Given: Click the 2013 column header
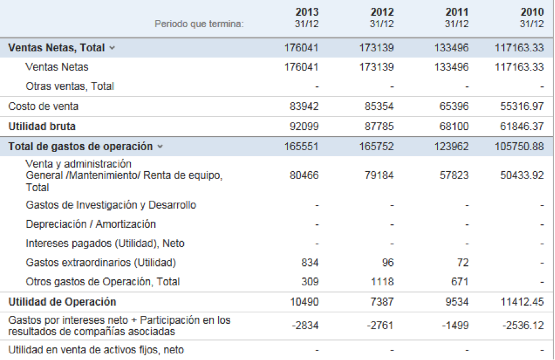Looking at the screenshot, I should tap(307, 13).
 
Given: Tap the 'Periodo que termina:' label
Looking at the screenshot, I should tap(199, 24).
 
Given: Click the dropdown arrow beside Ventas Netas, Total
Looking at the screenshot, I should tap(112, 48).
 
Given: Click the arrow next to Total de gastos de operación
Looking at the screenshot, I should tap(160, 147).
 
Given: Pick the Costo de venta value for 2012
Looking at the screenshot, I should tap(380, 107).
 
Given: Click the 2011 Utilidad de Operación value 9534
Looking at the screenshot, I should tap(454, 302).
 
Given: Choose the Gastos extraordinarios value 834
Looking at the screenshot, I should tap(309, 263).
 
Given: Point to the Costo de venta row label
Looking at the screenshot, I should tap(43, 107).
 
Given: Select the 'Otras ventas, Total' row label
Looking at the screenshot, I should tap(70, 86).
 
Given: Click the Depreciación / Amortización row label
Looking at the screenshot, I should tap(91, 224).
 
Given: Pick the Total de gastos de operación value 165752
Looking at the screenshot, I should tap(377, 147).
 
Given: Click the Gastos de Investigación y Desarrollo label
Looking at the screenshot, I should tap(111, 205).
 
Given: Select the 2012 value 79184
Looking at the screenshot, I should tap(380, 175).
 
